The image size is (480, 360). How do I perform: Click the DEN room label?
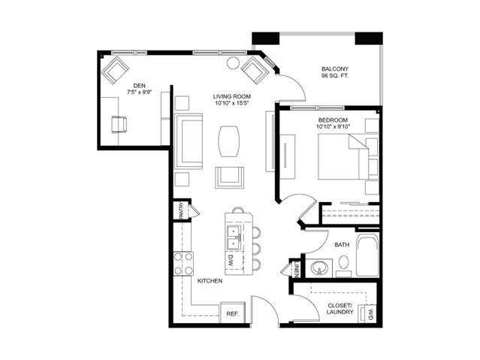click(x=139, y=85)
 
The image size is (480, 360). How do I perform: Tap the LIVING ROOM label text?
click(x=231, y=97)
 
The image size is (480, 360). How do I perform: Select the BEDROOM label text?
click(x=332, y=120)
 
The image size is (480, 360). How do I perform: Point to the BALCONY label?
click(x=335, y=68)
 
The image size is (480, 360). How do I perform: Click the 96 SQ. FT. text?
click(x=335, y=76)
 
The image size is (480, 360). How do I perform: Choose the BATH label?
click(x=342, y=245)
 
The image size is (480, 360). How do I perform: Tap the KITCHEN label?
click(x=209, y=281)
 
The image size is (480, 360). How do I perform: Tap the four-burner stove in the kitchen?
click(x=184, y=263)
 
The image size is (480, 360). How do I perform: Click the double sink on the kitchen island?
click(x=234, y=237)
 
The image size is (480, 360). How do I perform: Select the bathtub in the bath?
click(x=367, y=258)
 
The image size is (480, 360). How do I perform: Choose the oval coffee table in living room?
click(x=231, y=140)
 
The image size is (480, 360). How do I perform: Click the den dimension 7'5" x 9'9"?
click(x=139, y=92)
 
